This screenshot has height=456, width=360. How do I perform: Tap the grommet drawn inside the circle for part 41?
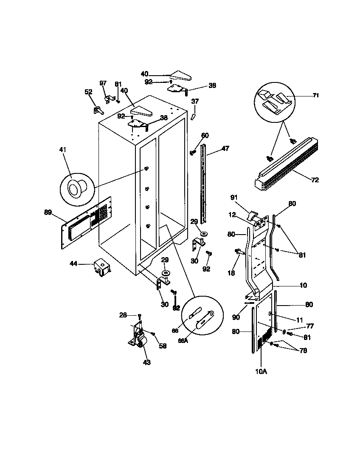(77, 187)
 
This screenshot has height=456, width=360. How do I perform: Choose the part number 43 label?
(146, 362)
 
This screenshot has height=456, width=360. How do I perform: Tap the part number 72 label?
(315, 180)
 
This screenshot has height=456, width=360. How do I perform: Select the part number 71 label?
(315, 96)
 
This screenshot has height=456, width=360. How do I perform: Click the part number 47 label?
(225, 149)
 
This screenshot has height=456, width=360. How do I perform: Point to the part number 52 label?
(88, 92)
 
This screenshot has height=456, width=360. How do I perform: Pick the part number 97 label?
(103, 83)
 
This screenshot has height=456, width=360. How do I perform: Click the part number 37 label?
(195, 101)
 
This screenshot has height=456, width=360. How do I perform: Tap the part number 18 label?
(231, 273)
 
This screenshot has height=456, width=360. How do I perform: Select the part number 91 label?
(234, 197)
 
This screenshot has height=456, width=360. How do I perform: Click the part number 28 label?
(123, 315)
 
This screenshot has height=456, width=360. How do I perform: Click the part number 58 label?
(163, 346)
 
